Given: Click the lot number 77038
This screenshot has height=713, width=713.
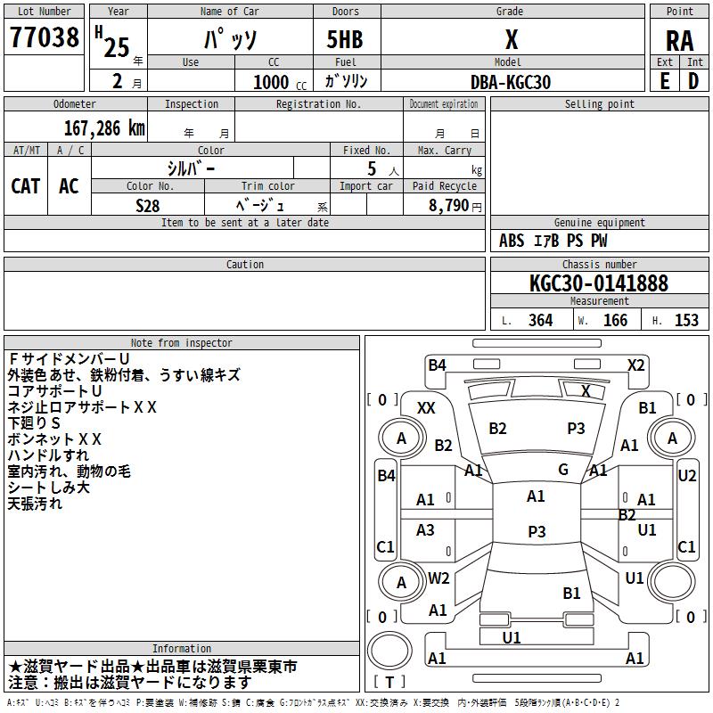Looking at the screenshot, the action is [44, 37].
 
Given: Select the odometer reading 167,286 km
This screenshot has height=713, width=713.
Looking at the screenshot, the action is [104, 128].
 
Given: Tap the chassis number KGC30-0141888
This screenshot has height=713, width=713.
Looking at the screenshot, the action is [599, 283].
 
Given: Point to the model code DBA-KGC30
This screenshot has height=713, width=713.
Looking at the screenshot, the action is [511, 82].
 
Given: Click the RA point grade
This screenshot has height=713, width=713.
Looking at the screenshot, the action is [679, 41].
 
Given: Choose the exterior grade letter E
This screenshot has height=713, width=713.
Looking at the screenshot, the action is [664, 81].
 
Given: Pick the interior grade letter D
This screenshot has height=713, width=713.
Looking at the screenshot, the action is [693, 81].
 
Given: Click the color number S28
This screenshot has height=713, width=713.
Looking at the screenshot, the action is [148, 206].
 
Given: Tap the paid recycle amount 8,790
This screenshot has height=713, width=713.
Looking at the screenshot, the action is [448, 205].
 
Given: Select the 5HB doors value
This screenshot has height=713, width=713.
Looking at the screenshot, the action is [345, 39].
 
